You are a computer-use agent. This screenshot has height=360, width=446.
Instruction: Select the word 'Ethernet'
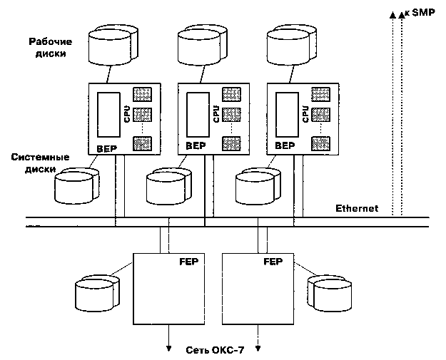point(357,210)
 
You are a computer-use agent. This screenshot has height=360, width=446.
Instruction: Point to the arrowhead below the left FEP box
point(169,349)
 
